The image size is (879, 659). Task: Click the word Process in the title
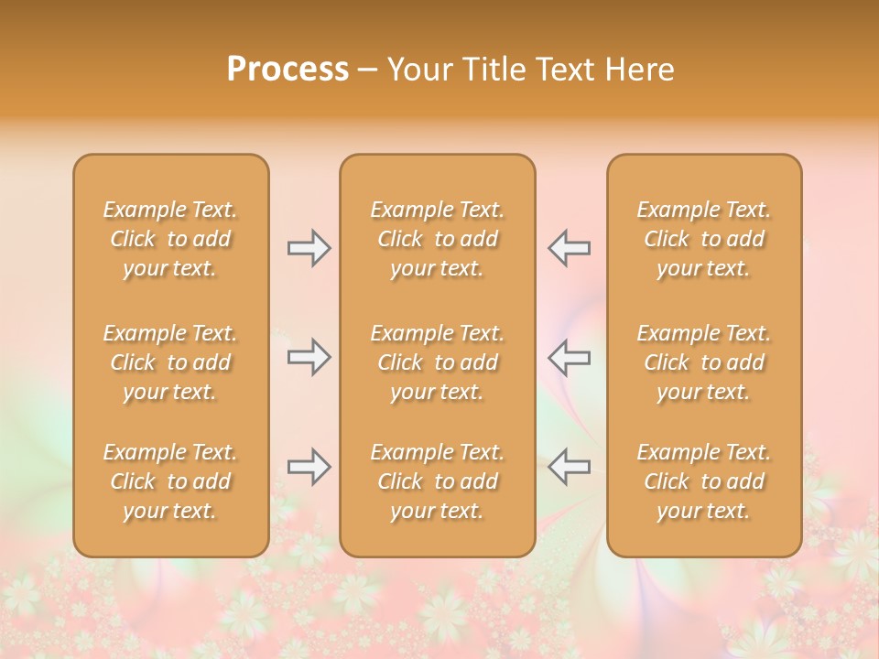(288, 70)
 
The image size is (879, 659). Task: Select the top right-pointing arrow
(309, 248)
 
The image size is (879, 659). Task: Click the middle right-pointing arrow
(309, 357)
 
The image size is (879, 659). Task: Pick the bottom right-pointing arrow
(309, 467)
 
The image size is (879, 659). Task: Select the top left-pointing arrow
(569, 248)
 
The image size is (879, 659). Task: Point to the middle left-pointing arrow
(569, 357)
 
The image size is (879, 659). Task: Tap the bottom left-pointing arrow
(569, 467)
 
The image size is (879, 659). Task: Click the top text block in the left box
(170, 239)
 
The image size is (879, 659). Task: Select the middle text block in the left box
(170, 362)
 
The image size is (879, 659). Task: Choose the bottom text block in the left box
(170, 481)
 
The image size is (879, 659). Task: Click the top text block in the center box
(437, 239)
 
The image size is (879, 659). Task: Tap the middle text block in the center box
(437, 362)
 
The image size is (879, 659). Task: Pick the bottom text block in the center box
(437, 481)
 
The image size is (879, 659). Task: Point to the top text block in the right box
(704, 239)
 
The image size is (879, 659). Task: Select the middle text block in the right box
(704, 362)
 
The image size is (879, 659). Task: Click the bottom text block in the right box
(704, 481)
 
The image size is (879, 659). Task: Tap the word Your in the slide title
(418, 70)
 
